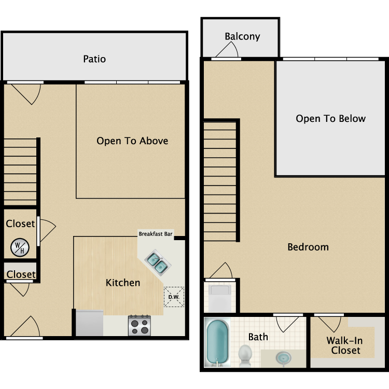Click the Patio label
(94, 59)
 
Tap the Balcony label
(242, 36)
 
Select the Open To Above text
(132, 141)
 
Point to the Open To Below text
(330, 118)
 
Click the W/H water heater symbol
(20, 247)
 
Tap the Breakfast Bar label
(155, 234)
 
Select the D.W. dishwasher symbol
(173, 297)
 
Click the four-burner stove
(139, 325)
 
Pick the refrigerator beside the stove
(90, 323)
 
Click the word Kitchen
(123, 283)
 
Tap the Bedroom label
(308, 247)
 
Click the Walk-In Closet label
(343, 345)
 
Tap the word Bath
(258, 337)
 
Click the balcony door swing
(227, 50)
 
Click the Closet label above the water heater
(20, 224)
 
